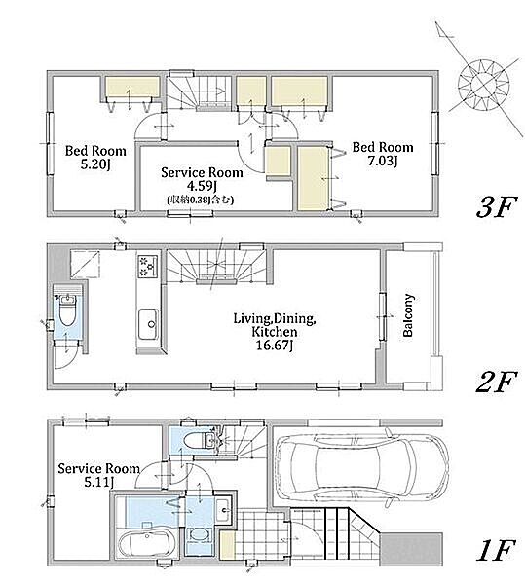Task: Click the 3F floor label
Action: (496, 208)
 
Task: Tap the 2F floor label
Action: (496, 382)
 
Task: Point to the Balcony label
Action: (408, 315)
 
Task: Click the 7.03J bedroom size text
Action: (383, 161)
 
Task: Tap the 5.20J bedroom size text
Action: (95, 164)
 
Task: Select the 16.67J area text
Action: (275, 346)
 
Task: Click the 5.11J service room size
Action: (98, 483)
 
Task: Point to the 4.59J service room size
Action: (202, 186)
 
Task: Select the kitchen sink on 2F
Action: (148, 324)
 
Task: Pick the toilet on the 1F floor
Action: (200, 441)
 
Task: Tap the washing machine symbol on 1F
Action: (200, 534)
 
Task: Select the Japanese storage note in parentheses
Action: (200, 200)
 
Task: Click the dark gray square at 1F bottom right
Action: (411, 549)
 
